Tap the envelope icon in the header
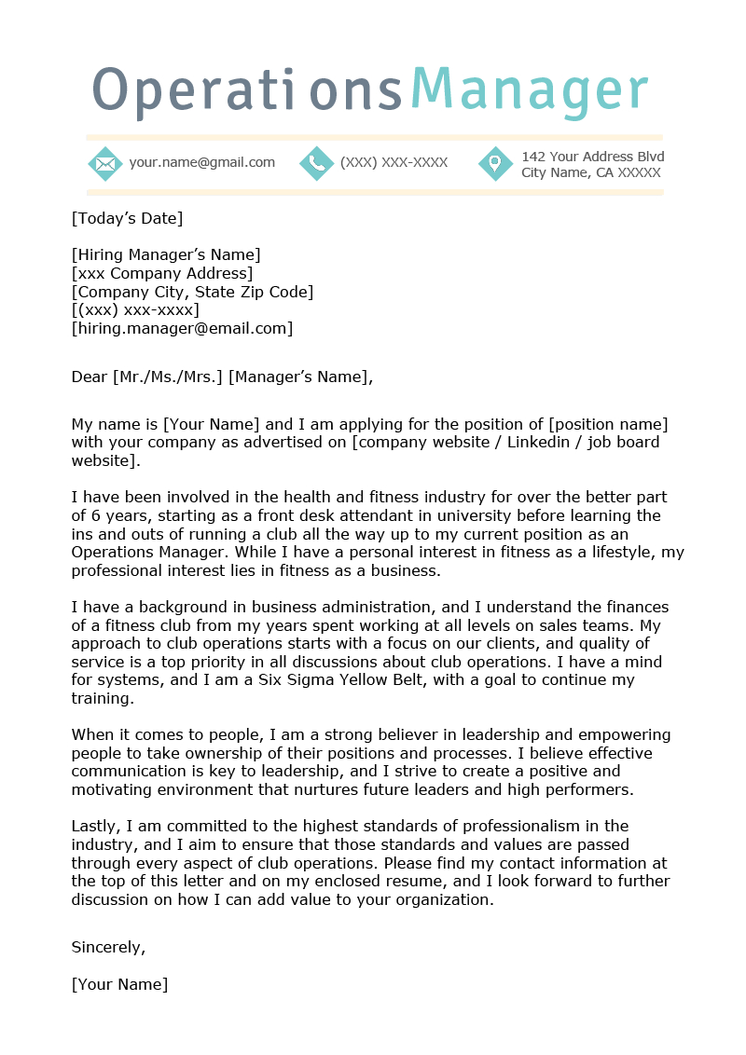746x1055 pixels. coord(105,164)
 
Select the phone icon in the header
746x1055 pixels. coord(316,164)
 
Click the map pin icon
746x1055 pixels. coord(495,164)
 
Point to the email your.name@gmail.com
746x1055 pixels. coord(201,162)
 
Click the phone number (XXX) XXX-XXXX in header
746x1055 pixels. coord(394,162)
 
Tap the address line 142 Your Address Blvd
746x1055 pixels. coord(592,157)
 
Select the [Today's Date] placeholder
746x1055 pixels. coord(127,219)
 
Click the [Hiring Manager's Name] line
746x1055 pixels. coord(166,255)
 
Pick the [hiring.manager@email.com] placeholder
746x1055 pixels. coord(182,328)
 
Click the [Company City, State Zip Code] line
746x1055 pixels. coord(192,292)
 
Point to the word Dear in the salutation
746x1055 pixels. coord(90,377)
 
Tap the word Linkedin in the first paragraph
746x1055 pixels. coord(540,443)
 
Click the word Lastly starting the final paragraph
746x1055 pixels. coord(94,826)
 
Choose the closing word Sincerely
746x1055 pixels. coord(108,947)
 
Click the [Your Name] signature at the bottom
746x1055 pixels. coord(119,984)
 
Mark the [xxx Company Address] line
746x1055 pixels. coord(161,274)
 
